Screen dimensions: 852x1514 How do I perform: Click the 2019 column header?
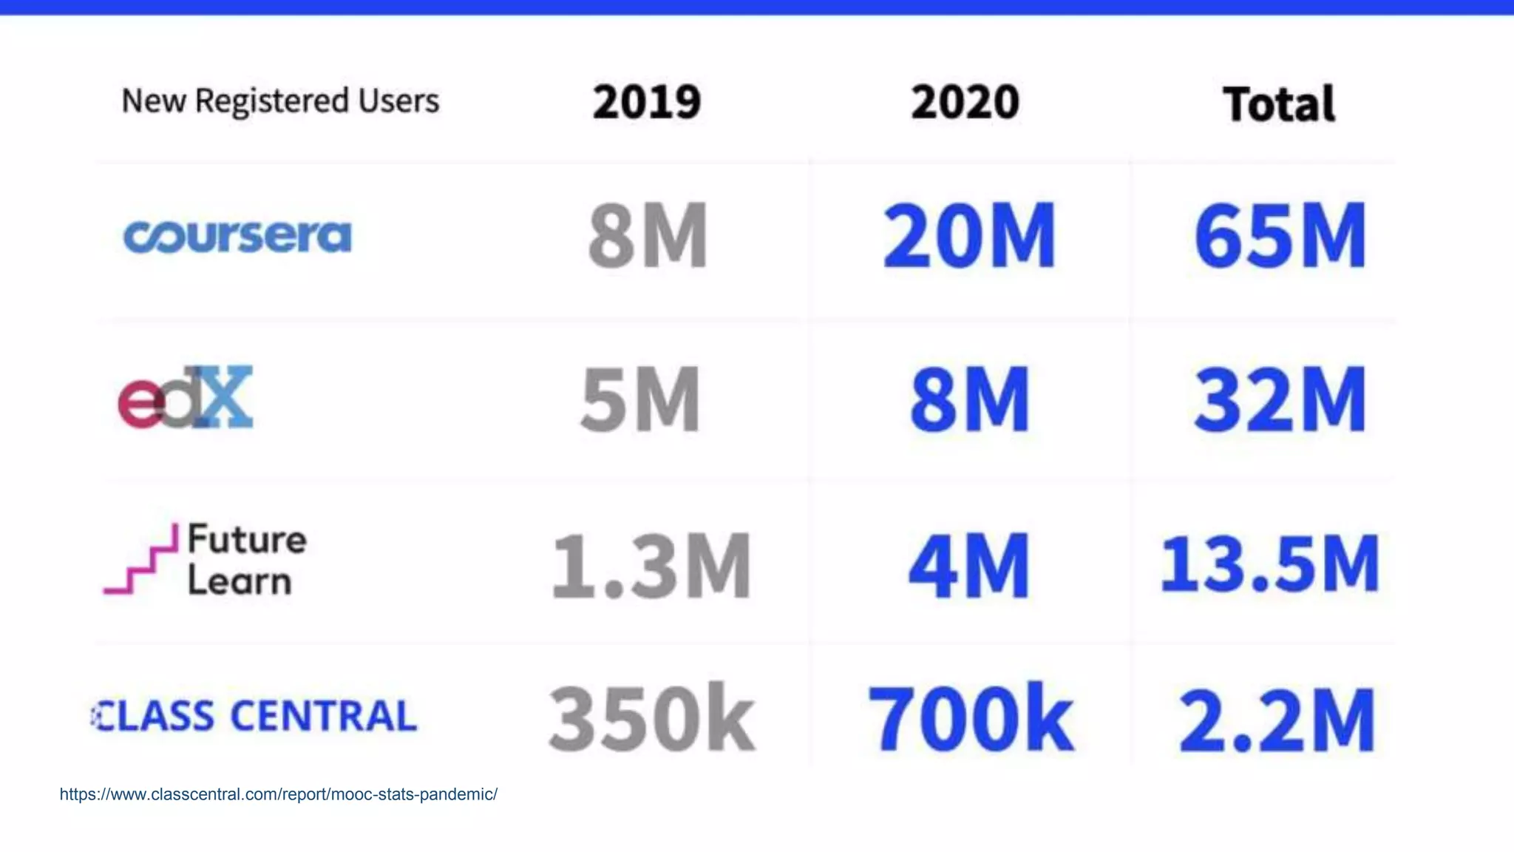(646, 102)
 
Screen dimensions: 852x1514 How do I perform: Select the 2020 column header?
(965, 102)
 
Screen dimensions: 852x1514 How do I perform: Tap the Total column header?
(1278, 104)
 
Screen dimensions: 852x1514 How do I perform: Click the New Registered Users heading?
(280, 101)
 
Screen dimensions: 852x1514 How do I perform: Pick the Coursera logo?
(237, 237)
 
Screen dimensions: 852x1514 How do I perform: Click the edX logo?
(186, 398)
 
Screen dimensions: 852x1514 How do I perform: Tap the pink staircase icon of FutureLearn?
(141, 560)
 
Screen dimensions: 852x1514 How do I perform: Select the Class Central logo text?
(255, 716)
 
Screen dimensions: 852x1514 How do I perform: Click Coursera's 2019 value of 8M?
(648, 236)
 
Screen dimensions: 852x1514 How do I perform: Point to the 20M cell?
(968, 236)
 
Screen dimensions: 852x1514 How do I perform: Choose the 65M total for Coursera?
(1280, 236)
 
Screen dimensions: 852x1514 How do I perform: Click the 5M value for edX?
(640, 399)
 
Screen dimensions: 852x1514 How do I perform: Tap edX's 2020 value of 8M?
(969, 399)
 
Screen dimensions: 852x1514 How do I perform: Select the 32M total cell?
(1280, 399)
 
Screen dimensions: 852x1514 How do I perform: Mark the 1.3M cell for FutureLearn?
(651, 566)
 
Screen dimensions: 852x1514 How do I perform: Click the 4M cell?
(968, 566)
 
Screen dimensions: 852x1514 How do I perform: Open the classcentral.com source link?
(279, 794)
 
